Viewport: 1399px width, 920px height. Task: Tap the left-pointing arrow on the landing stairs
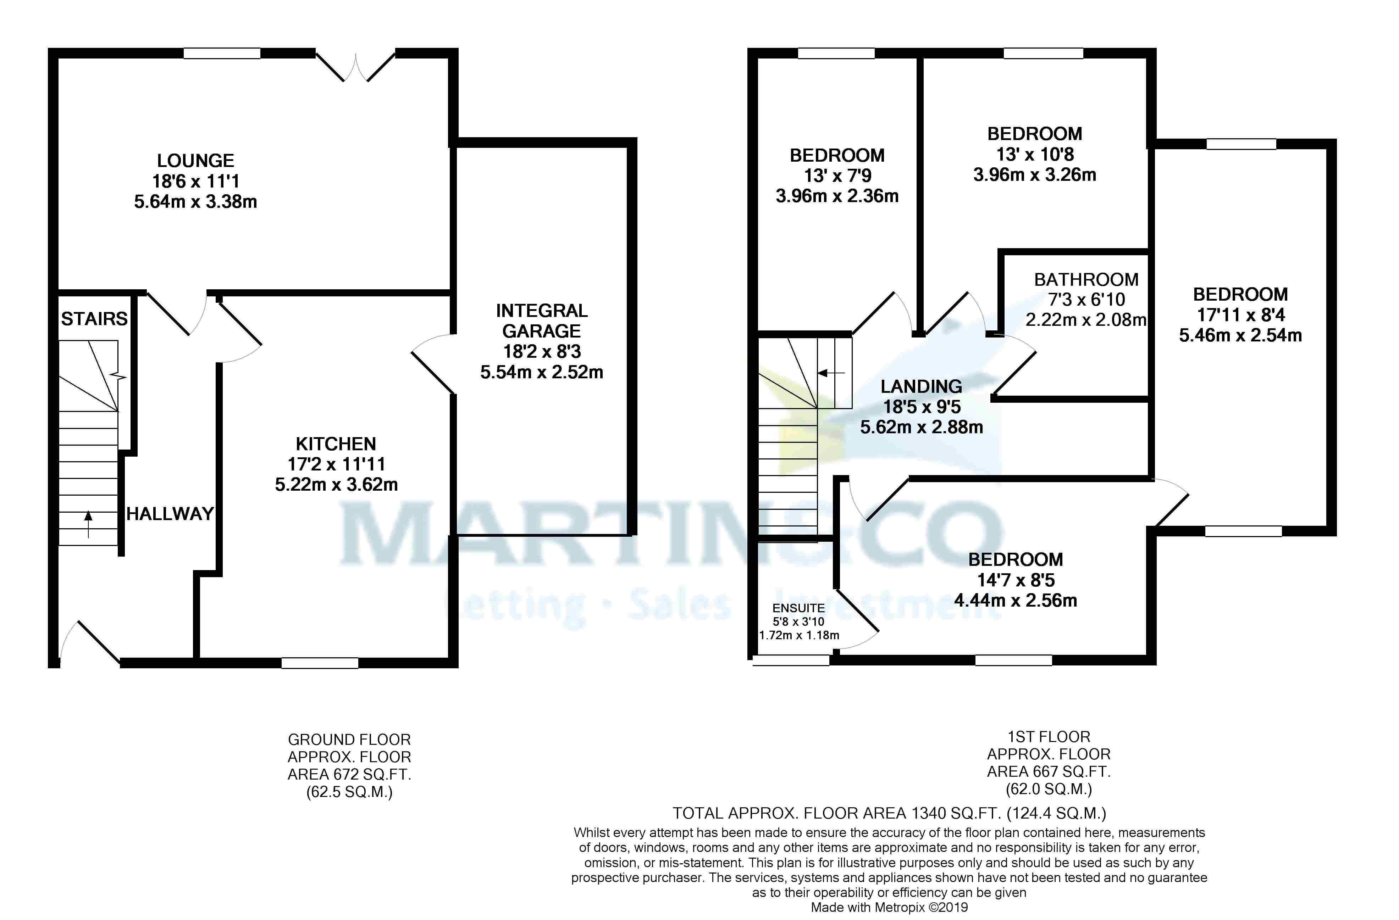[x=831, y=373]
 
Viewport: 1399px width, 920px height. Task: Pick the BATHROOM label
[x=1086, y=280]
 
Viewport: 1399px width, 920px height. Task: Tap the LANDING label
[x=921, y=386]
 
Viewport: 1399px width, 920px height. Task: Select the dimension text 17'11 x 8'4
[x=1240, y=315]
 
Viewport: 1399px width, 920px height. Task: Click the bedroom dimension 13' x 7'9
[x=837, y=175]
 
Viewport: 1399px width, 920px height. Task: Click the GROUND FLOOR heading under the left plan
[x=349, y=740]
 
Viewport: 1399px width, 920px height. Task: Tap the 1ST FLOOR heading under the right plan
[x=1049, y=737]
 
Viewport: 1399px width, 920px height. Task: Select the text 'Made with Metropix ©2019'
[x=889, y=908]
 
